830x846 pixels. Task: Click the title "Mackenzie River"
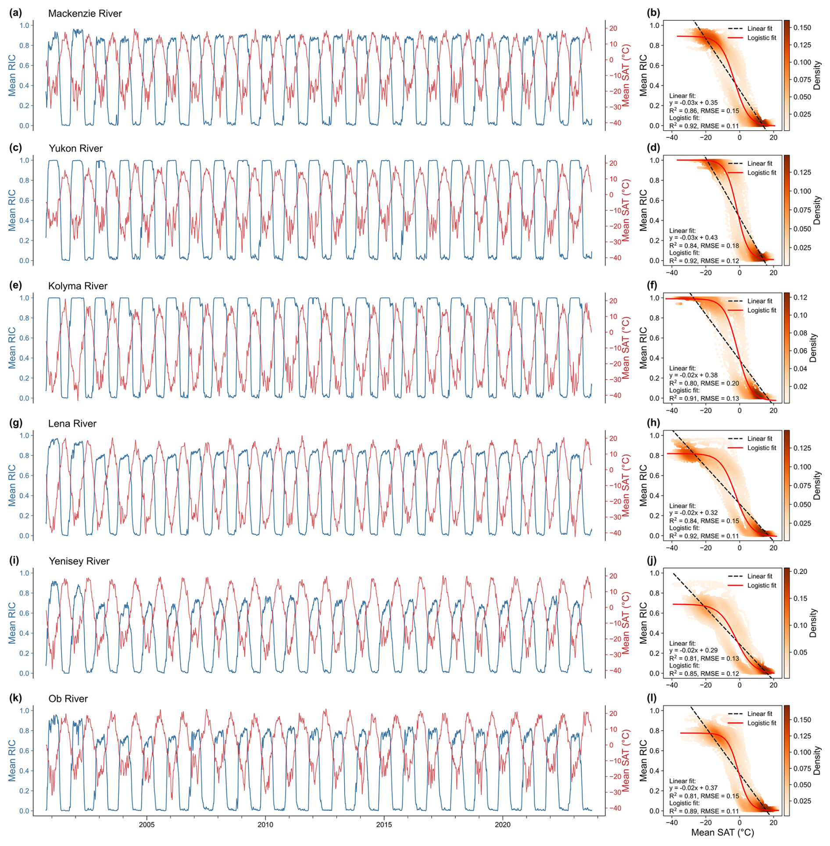[85, 14]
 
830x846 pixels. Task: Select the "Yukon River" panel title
[75, 148]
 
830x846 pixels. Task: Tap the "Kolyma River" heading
[78, 286]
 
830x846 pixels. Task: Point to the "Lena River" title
[72, 423]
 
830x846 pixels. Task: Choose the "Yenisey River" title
[79, 561]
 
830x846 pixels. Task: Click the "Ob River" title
[68, 699]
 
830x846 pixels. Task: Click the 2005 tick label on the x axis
[147, 824]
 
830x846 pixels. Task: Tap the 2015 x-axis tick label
[384, 824]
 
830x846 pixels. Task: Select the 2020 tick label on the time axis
[503, 824]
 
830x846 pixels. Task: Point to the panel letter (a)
[15, 13]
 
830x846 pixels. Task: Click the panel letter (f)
[653, 285]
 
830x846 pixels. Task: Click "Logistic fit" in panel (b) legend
[762, 38]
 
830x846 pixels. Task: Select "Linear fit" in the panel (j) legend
[760, 576]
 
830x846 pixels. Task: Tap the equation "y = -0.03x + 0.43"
[694, 237]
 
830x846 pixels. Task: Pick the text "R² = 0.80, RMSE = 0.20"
[704, 383]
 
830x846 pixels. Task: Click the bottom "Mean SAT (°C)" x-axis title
[723, 832]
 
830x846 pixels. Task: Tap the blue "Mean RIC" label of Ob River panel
[12, 760]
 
